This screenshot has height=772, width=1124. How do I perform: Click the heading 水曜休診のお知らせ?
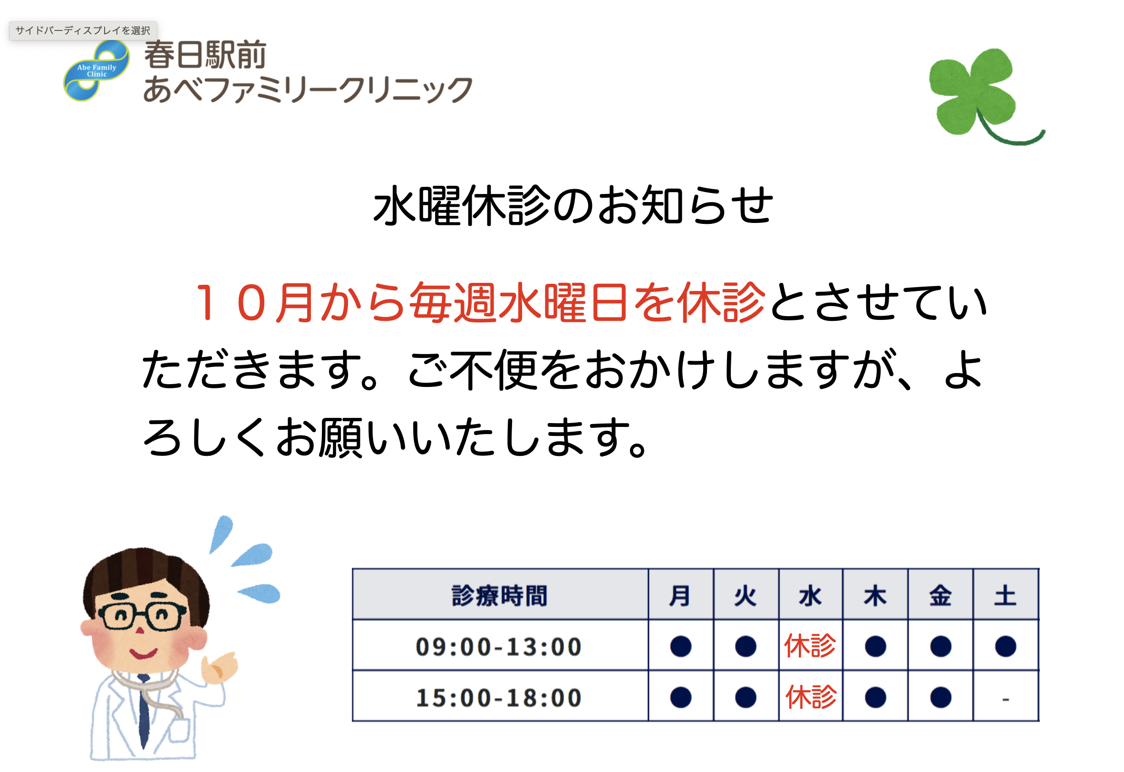coord(573,206)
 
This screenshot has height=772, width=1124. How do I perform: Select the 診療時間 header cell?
coord(500,595)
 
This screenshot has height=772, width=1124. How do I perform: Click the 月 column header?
coord(680,595)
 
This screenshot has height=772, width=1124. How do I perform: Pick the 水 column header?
coord(811,595)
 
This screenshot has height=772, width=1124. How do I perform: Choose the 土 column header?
coord(1005,595)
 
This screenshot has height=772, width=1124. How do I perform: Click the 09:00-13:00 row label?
coord(499,647)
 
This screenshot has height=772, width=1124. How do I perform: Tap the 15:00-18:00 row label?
coord(499,697)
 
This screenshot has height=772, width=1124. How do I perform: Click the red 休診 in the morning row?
coord(811,646)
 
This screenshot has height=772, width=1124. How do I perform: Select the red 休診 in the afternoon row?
coord(811,697)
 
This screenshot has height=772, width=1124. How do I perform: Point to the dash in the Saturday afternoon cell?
coord(1006,699)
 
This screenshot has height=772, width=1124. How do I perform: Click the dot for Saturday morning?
coord(1006,647)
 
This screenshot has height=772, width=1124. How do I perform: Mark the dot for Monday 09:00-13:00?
coord(680,647)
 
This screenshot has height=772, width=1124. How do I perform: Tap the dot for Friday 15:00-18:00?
coord(940,697)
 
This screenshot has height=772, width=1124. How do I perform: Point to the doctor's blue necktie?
coord(144,711)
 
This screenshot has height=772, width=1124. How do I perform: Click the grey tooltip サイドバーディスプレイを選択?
coord(83,30)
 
